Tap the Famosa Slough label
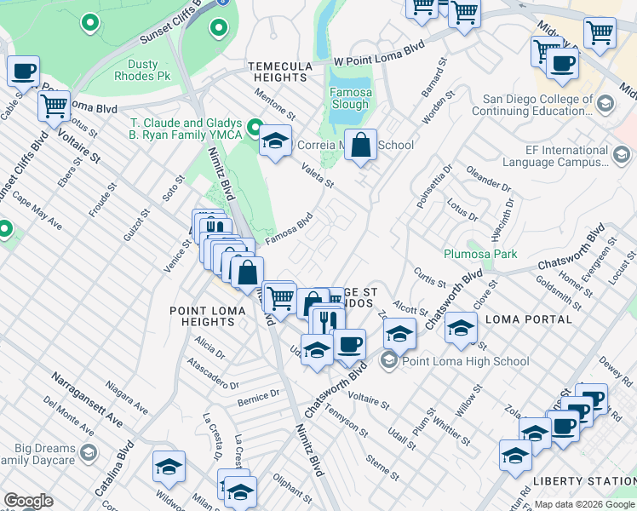pos(350,98)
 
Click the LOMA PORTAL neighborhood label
pos(528,319)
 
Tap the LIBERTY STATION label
pos(583,481)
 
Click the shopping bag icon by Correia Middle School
pos(361,144)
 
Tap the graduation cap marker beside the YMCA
pos(275,141)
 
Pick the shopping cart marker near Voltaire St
pos(54,106)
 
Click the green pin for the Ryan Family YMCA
pos(253,129)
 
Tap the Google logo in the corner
pos(28,501)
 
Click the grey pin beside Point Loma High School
pos(389,361)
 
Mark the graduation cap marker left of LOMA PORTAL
pos(461,328)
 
